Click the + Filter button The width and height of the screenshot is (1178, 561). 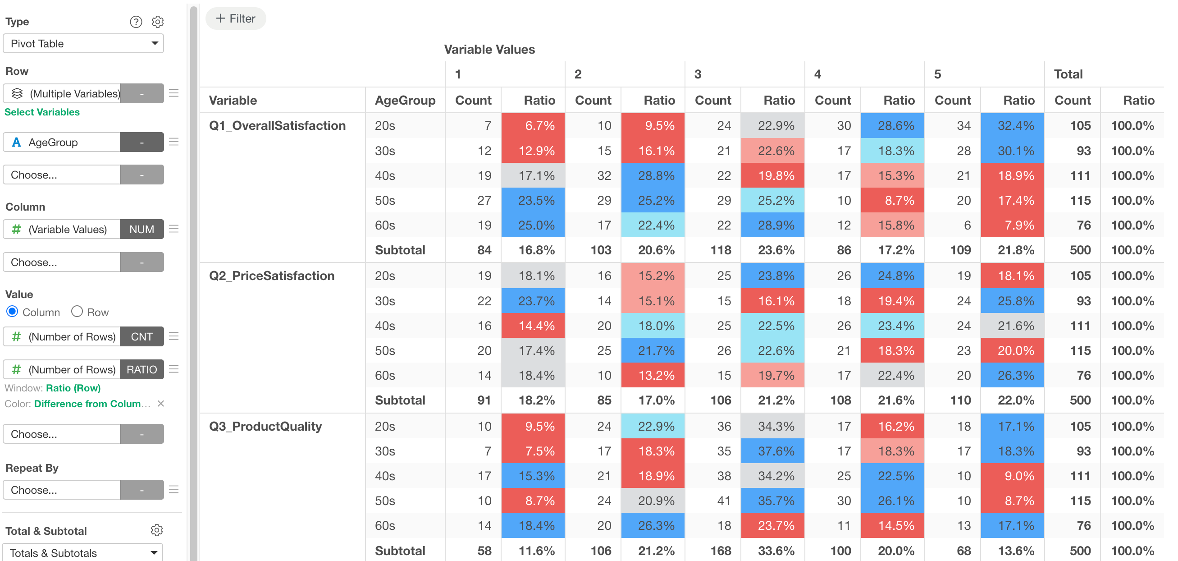pyautogui.click(x=236, y=19)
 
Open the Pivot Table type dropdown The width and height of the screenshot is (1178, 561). pyautogui.click(x=83, y=43)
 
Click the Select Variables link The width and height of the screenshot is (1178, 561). pyautogui.click(x=42, y=112)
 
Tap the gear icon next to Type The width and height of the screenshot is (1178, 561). pyautogui.click(x=158, y=22)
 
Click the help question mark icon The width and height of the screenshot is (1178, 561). pyautogui.click(x=136, y=22)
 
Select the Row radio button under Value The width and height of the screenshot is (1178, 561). pyautogui.click(x=77, y=312)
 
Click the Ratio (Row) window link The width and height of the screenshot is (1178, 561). pyautogui.click(x=73, y=388)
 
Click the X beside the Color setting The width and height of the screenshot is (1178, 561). pyautogui.click(x=160, y=404)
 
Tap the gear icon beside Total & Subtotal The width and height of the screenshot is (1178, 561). pyautogui.click(x=157, y=530)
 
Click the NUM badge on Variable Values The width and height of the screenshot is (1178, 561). pyautogui.click(x=142, y=229)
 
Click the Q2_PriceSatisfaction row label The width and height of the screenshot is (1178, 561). pyautogui.click(x=272, y=276)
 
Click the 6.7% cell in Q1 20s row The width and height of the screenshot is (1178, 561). pyautogui.click(x=533, y=126)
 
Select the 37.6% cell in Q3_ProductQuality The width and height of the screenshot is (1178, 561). pyautogui.click(x=772, y=451)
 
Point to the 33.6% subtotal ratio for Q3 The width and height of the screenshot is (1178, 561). pyautogui.click(x=776, y=551)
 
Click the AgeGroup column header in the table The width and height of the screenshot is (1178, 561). pyautogui.click(x=405, y=101)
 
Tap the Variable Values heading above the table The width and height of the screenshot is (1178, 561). pyautogui.click(x=489, y=50)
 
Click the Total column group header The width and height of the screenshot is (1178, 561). pyautogui.click(x=1068, y=74)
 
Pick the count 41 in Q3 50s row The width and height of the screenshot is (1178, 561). pyautogui.click(x=724, y=501)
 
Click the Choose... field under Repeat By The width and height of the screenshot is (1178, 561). pyautogui.click(x=61, y=490)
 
